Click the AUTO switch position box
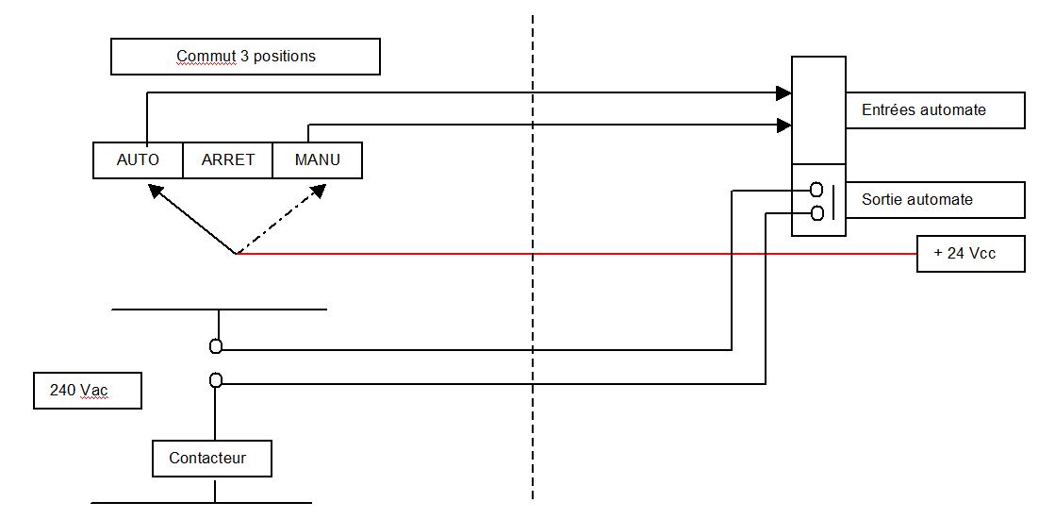point(138,159)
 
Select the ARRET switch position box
point(227,159)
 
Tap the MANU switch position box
point(317,159)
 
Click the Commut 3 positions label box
point(245,57)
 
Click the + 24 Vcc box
point(970,254)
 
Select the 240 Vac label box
point(88,390)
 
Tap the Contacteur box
point(212,459)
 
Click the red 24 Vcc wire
point(566,254)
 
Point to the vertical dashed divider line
point(533,283)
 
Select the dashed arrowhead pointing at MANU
point(318,191)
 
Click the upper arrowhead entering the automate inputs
point(783,92)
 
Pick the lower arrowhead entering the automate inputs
point(783,125)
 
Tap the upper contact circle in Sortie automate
point(816,190)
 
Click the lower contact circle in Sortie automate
point(816,212)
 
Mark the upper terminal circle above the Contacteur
point(216,346)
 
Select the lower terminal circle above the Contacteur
point(216,380)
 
